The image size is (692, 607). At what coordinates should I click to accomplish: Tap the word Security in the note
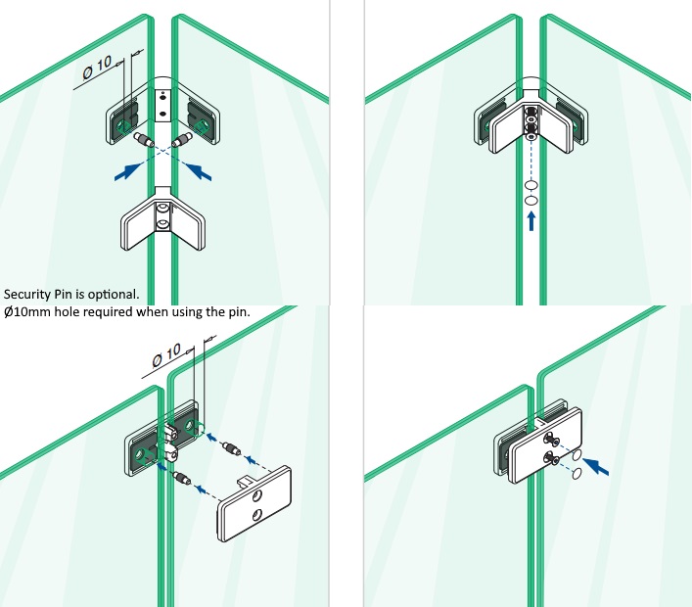(28, 294)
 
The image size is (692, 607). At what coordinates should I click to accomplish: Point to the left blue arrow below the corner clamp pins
(126, 173)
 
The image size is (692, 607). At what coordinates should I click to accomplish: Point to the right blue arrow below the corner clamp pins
(200, 172)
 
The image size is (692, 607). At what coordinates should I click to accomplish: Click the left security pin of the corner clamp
(145, 143)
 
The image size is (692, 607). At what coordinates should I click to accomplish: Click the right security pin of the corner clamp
(182, 143)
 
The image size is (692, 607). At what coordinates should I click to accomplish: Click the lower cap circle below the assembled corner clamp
(531, 200)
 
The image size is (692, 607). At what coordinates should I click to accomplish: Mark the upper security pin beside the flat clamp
(233, 448)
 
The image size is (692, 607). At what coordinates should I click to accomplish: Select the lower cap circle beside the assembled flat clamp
(577, 474)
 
